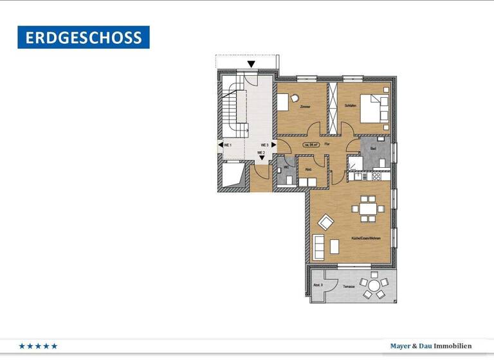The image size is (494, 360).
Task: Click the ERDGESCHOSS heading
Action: pos(84,37)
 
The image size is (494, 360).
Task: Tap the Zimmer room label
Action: pos(305,106)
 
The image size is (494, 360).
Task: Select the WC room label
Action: pos(285,168)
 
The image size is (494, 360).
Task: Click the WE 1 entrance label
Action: pos(227,146)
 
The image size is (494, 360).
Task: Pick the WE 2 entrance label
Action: pos(261,152)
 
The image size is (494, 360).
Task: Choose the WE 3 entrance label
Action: pos(264,145)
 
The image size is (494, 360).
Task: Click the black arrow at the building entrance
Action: pos(251,64)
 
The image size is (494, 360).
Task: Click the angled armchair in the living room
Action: pos(326,222)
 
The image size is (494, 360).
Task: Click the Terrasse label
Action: pos(348,285)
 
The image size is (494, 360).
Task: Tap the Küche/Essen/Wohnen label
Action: pos(365,239)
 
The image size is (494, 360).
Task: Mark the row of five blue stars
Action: pos(39,346)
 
